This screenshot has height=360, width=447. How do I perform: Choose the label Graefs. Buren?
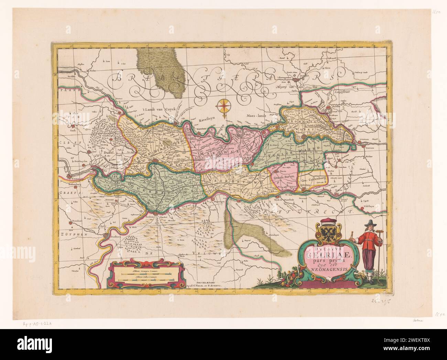[x=283, y=178]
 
